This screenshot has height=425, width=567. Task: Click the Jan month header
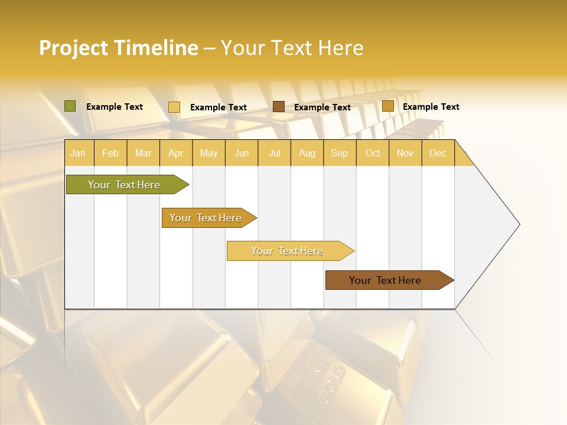78,153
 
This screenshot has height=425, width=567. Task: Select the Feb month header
110,153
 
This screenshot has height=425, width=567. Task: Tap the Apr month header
175,153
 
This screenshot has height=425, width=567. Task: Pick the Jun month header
242,153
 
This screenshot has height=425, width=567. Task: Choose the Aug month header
307,153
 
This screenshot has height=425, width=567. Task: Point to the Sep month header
339,153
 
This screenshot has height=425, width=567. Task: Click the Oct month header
373,153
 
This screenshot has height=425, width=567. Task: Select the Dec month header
438,153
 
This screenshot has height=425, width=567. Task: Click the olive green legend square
70,106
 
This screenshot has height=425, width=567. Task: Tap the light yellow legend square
174,107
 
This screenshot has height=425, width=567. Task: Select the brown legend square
279,107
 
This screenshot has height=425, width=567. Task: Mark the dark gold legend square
387,106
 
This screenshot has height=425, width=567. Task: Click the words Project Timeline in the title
118,48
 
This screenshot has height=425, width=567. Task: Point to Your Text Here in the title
292,48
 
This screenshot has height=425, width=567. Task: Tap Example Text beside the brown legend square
322,107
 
